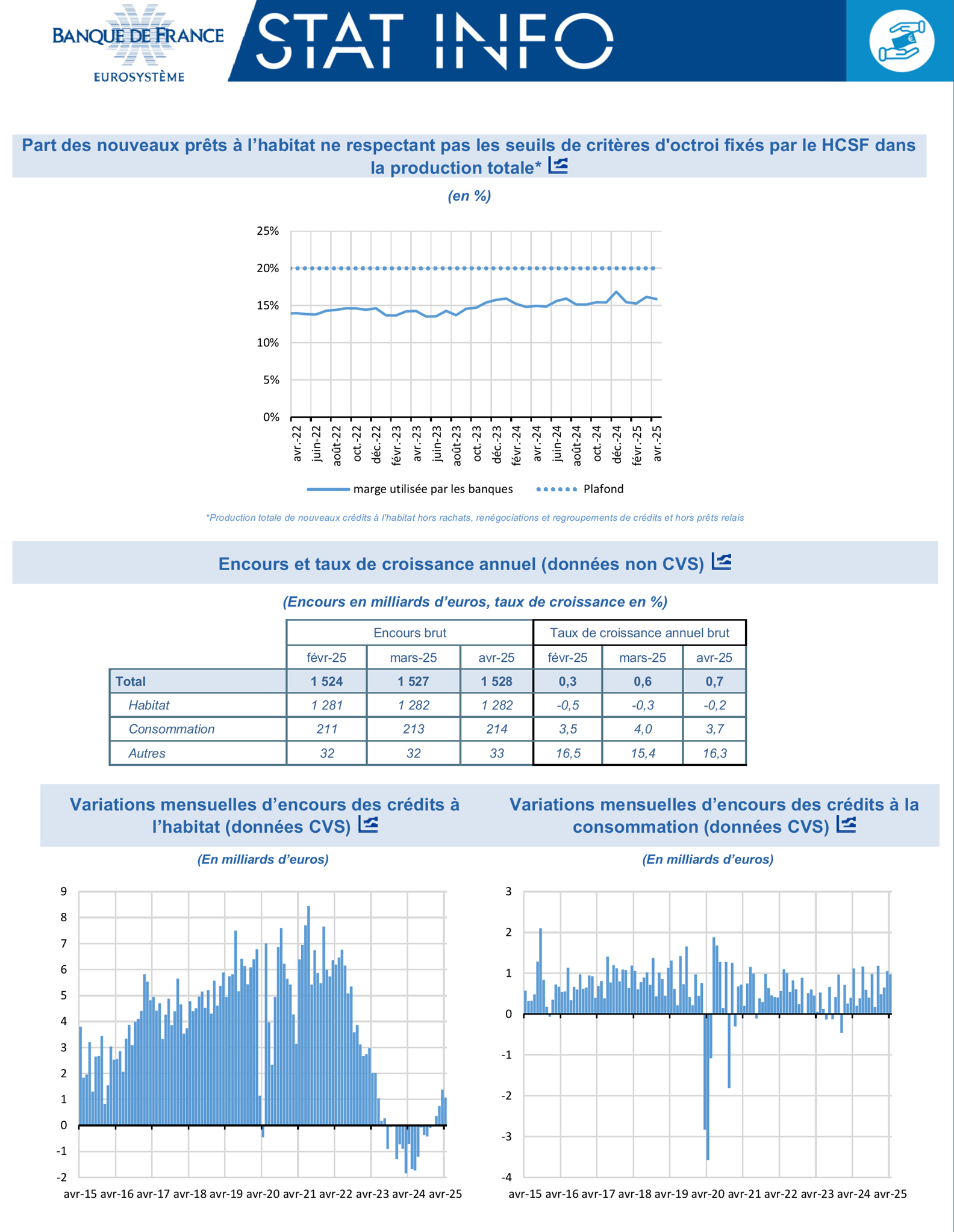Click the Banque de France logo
tap(138, 42)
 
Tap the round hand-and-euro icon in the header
tap(901, 41)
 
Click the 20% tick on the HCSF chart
tap(268, 269)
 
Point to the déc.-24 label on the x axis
tap(617, 444)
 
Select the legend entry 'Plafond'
tap(603, 489)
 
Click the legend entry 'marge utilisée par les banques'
tap(432, 489)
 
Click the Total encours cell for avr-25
tap(496, 681)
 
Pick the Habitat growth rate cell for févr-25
tap(567, 705)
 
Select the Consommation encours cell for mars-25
tap(413, 729)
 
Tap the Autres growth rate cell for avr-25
tap(714, 753)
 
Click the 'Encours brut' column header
tap(410, 633)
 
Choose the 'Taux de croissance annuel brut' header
tap(639, 633)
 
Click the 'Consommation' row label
tap(172, 729)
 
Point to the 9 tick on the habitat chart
tap(64, 892)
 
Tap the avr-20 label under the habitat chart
tap(263, 1194)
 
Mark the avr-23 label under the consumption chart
tap(817, 1194)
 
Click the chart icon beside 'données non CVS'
tap(722, 562)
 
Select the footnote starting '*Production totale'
tap(475, 518)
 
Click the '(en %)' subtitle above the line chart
tap(469, 196)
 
